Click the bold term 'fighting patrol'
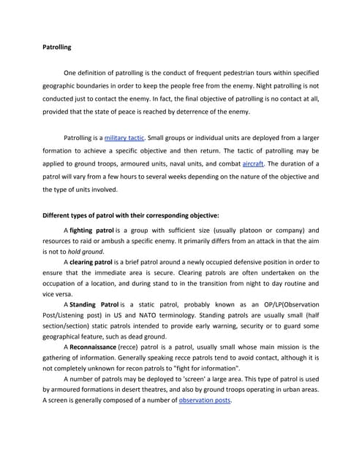pyautogui.click(x=91, y=230)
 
